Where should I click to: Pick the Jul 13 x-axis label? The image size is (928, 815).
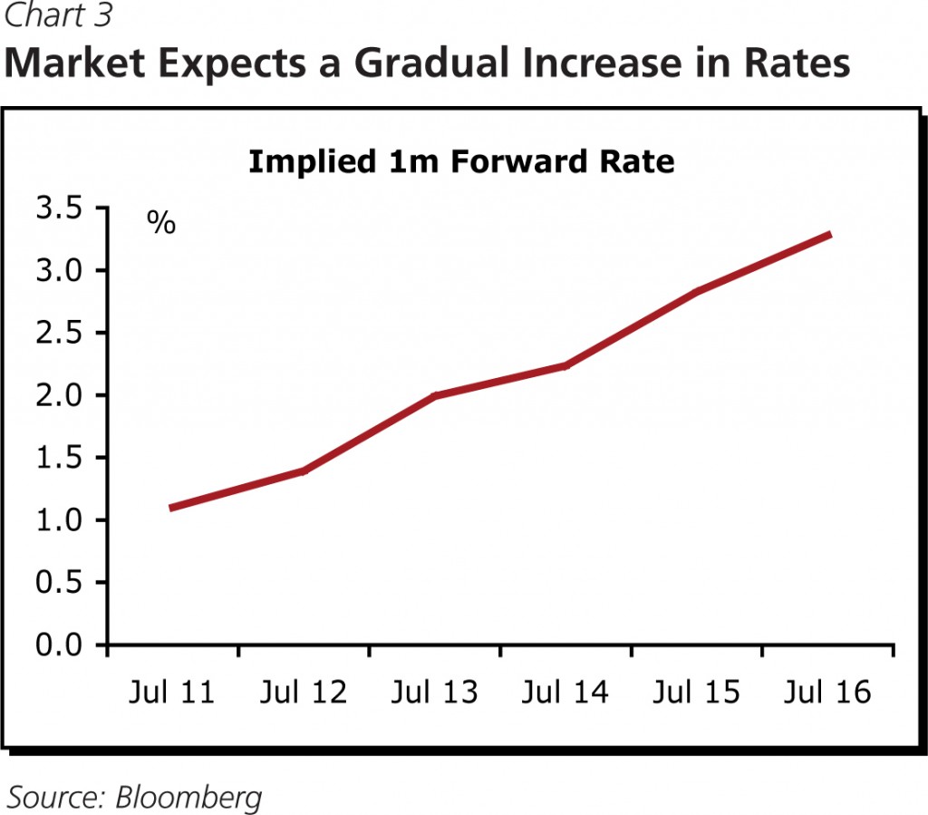tap(435, 694)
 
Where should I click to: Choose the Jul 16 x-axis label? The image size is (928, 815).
tap(826, 694)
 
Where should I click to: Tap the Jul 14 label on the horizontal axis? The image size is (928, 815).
tap(565, 694)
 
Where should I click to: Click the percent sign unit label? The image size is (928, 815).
tap(161, 224)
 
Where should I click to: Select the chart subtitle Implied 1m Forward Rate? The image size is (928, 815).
tap(461, 162)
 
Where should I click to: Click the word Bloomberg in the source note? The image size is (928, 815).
tap(189, 797)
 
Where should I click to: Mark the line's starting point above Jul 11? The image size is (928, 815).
tap(170, 508)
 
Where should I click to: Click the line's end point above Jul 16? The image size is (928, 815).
tap(829, 235)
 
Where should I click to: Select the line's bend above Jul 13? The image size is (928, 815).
tap(435, 396)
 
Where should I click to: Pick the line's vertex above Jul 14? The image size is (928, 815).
tap(565, 366)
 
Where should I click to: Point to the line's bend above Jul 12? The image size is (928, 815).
tap(303, 471)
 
